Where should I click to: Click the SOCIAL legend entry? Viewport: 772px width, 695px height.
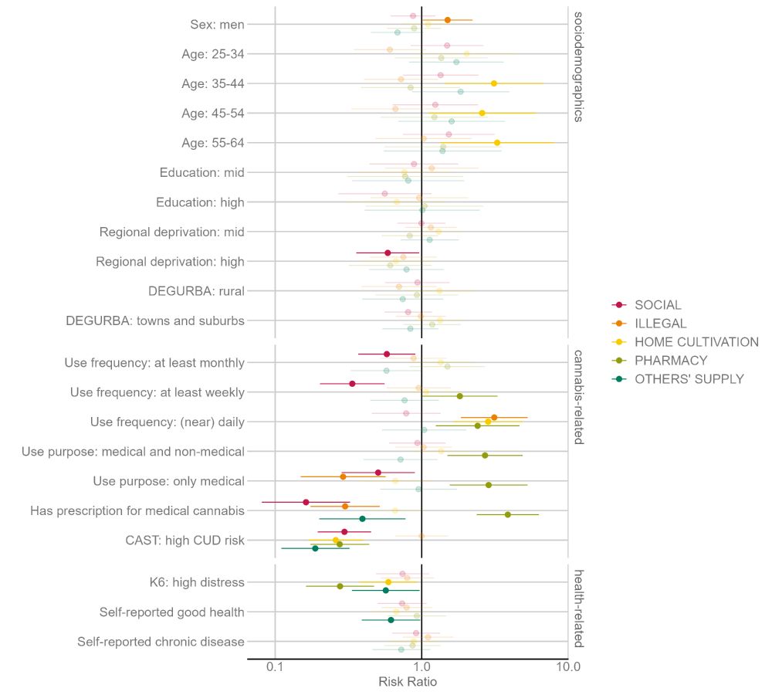tap(658, 305)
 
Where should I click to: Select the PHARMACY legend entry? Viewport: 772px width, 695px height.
tap(670, 361)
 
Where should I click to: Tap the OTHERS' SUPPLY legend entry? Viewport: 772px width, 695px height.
tap(689, 379)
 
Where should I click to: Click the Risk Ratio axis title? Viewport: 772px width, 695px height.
tap(408, 683)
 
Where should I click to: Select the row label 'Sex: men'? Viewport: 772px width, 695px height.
tap(217, 25)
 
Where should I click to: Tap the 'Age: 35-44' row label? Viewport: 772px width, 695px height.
tap(213, 83)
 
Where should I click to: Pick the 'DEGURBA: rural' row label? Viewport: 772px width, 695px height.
tap(196, 291)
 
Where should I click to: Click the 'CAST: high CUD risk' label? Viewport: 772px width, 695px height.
tap(185, 541)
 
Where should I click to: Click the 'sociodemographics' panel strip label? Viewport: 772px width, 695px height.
tap(578, 66)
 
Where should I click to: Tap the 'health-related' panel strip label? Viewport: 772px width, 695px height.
tap(578, 609)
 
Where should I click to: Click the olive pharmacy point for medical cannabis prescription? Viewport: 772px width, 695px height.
tap(507, 514)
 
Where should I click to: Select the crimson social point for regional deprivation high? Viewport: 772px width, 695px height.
tap(388, 253)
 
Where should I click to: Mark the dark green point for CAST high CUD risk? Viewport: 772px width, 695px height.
tap(315, 548)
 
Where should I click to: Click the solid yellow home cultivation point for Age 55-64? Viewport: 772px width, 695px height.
tap(496, 143)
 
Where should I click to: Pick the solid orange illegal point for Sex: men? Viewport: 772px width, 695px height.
tap(447, 20)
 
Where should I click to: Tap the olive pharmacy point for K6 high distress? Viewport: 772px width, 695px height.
tap(340, 586)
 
